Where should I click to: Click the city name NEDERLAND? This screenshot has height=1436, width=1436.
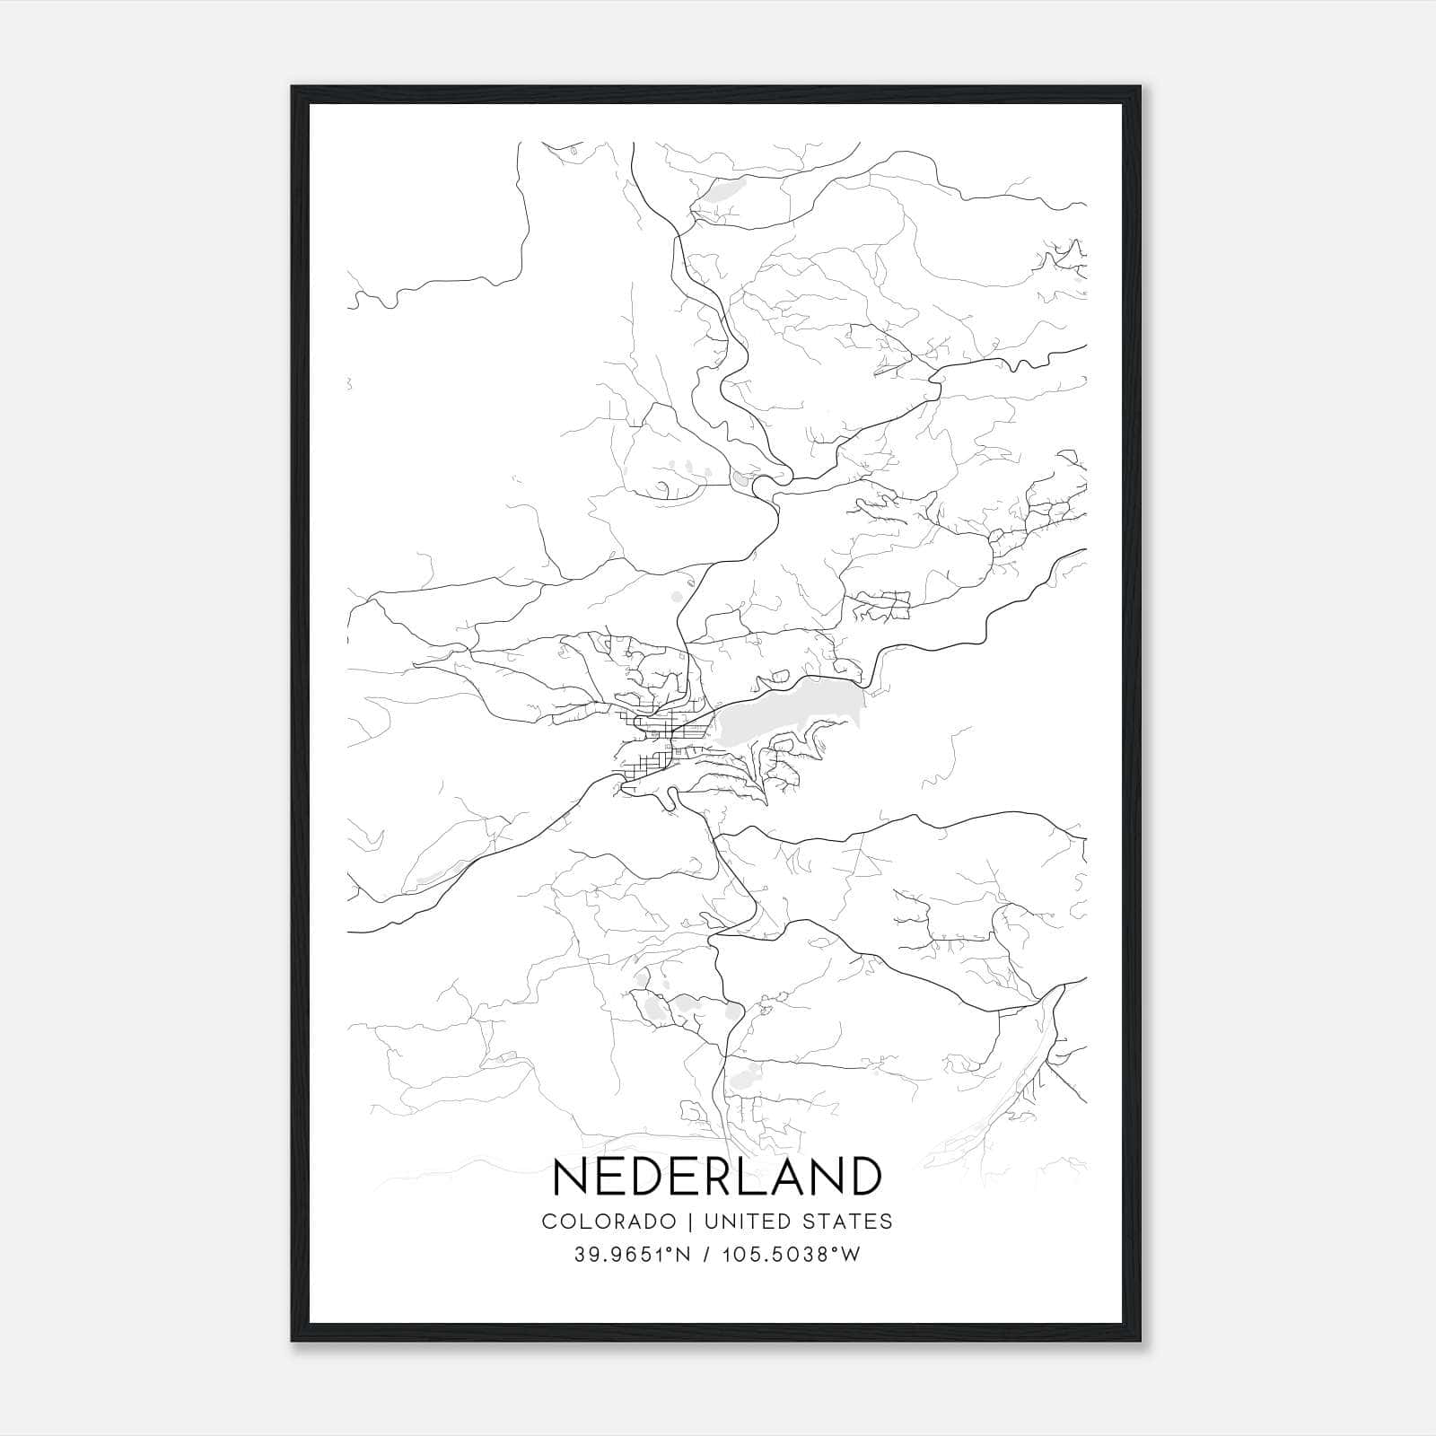[x=717, y=1176]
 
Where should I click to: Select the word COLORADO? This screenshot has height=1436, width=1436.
[x=609, y=1221]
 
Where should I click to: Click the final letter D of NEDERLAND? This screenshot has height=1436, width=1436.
[x=863, y=1176]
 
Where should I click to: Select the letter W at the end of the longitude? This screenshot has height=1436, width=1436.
[x=851, y=1255]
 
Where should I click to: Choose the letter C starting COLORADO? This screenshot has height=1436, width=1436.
[x=549, y=1221]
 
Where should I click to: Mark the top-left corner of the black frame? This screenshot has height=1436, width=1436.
[x=293, y=87]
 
